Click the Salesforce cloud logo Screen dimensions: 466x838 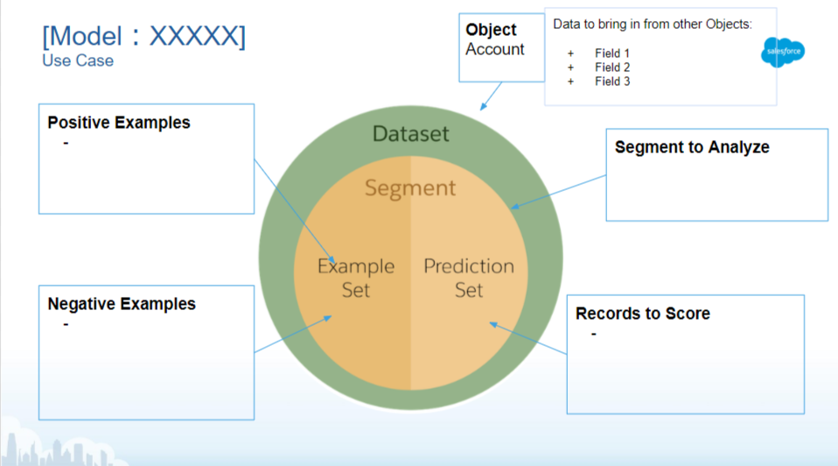pos(783,53)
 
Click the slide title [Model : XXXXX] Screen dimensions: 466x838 pos(144,36)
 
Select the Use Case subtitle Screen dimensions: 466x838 pos(78,60)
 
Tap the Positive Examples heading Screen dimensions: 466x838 pos(119,123)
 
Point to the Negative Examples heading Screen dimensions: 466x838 pos(122,304)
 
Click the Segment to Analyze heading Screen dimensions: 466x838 pos(692,147)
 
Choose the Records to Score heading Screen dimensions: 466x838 pos(643,313)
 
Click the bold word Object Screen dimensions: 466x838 pos(492,30)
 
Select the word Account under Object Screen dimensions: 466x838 pos(495,49)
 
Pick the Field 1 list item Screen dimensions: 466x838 pos(612,53)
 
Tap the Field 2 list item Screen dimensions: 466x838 pos(612,67)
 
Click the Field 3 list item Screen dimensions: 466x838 pos(612,81)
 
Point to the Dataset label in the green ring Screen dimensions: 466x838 pos(410,134)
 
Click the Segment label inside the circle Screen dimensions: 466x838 pos(410,187)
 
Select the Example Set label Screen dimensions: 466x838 pos(356,277)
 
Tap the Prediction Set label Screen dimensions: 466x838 pos(469,277)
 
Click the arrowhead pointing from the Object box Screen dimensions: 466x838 pos(482,108)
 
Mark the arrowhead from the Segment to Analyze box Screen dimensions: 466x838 pos(513,208)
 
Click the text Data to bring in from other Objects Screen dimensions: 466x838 pos(653,25)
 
